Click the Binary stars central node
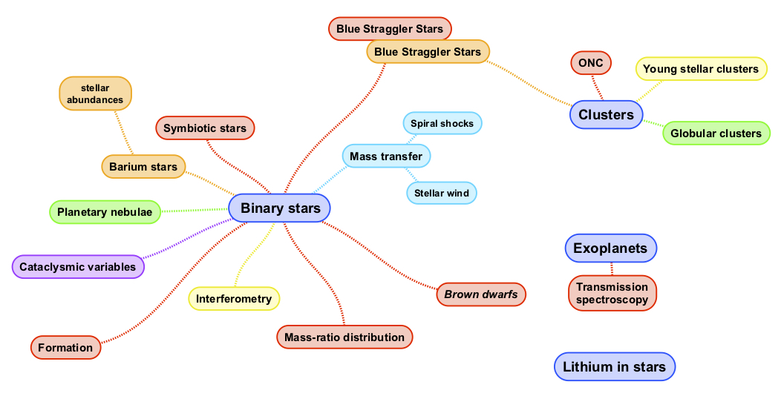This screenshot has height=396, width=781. click(280, 208)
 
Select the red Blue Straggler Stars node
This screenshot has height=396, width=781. click(390, 30)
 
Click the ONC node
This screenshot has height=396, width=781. click(591, 63)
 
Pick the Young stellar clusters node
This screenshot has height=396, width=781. click(701, 69)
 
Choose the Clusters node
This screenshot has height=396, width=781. click(606, 115)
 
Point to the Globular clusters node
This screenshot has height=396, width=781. click(716, 133)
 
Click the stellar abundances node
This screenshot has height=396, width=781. click(95, 94)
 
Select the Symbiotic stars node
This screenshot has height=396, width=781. click(205, 128)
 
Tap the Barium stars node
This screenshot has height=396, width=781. click(143, 167)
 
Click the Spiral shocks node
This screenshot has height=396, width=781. click(442, 123)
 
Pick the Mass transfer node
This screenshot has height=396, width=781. click(386, 156)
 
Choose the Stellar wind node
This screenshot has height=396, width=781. click(442, 194)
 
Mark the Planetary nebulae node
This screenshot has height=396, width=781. click(105, 212)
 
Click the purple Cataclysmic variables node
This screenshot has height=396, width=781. click(78, 267)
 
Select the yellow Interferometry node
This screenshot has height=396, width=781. click(234, 299)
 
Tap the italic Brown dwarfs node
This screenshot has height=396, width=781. click(481, 294)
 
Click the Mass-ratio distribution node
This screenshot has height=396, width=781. click(344, 337)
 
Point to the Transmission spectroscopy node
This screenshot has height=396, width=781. click(612, 293)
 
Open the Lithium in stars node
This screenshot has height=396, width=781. click(615, 367)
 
